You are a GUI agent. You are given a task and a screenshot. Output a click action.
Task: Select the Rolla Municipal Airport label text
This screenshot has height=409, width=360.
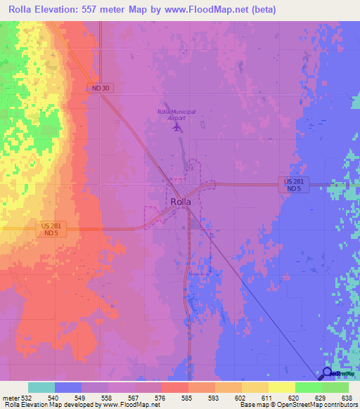point(172,115)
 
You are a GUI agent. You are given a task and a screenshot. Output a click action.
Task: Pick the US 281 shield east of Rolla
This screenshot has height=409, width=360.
point(297,181)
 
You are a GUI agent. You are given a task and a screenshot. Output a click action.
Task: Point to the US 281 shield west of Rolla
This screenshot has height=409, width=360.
point(53,226)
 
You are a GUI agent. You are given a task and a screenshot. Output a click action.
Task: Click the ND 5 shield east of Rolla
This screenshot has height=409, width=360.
point(297,189)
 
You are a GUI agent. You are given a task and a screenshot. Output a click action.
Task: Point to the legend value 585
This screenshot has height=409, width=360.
point(186,398)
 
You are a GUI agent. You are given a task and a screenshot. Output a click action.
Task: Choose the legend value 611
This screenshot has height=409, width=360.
point(266,398)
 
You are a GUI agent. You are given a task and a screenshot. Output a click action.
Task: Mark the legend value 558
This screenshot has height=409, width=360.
point(107,398)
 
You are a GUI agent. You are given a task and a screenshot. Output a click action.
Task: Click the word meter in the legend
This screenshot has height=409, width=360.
point(10,398)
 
